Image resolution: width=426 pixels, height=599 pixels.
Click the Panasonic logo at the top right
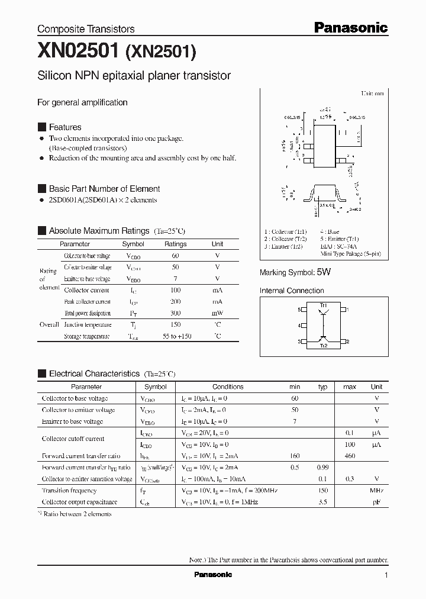click(x=350, y=27)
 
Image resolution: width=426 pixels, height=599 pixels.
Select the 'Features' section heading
click(x=65, y=127)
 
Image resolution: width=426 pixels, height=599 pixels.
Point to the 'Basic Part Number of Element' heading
click(x=104, y=189)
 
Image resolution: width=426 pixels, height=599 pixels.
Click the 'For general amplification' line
click(x=82, y=102)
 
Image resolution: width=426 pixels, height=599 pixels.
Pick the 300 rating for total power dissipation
click(x=175, y=313)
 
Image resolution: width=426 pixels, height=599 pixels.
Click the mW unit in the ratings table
click(x=217, y=313)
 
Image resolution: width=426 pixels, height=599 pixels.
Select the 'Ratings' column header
click(x=175, y=244)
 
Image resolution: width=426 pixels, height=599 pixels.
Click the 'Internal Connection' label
click(x=292, y=291)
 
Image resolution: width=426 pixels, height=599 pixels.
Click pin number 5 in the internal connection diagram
click(x=299, y=310)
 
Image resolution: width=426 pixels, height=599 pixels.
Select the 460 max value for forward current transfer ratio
click(x=349, y=456)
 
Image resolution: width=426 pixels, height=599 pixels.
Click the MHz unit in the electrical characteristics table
click(x=376, y=491)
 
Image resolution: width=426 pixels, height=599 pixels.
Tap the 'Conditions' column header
click(x=228, y=387)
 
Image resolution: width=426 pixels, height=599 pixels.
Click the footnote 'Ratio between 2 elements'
click(x=77, y=514)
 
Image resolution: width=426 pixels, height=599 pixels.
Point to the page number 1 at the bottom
click(x=386, y=575)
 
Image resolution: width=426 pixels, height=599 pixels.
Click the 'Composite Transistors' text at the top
click(x=86, y=29)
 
